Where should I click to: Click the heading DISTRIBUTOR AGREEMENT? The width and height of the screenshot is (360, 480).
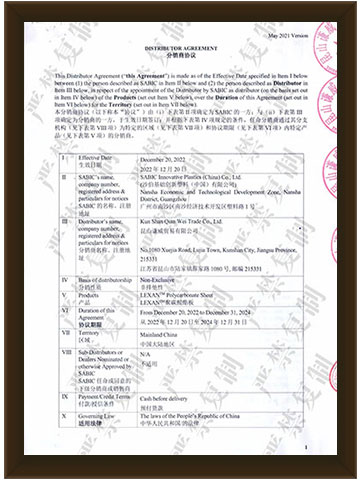point(181,49)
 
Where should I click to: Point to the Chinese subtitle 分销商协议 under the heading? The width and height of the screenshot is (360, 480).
point(181,57)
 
